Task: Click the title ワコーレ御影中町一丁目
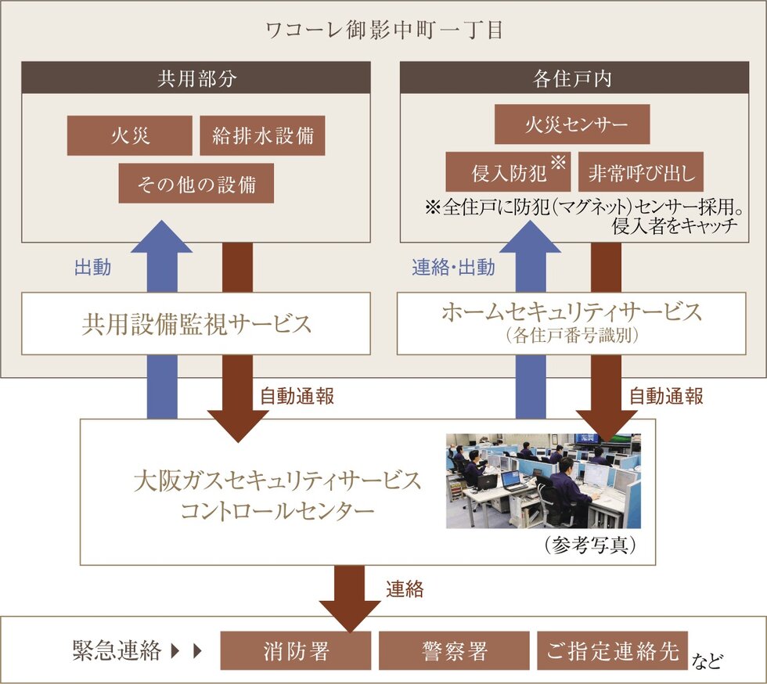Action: (x=383, y=31)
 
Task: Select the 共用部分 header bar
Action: (x=196, y=78)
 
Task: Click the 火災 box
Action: (x=129, y=135)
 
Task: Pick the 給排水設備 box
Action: (x=262, y=135)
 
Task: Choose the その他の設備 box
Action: (x=196, y=183)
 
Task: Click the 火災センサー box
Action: (x=571, y=124)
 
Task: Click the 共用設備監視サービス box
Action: (x=196, y=324)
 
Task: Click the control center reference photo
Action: (x=543, y=481)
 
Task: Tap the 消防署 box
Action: (x=296, y=651)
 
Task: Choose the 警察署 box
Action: (x=453, y=651)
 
